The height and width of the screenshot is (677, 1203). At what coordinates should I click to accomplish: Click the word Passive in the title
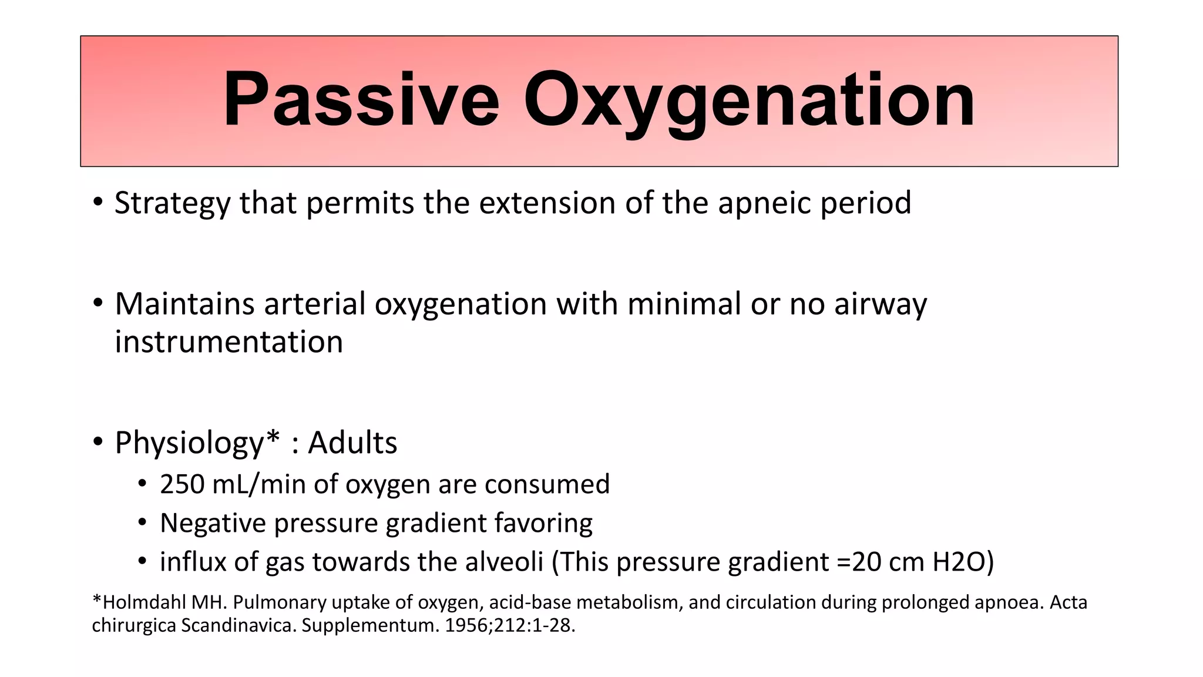(x=361, y=100)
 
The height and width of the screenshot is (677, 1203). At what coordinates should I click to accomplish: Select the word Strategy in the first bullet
(x=172, y=203)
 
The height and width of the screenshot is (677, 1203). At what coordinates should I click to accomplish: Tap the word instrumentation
(x=228, y=342)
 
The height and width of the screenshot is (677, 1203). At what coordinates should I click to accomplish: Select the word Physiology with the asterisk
(x=197, y=443)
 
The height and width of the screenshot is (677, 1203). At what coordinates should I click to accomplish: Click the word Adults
(x=352, y=443)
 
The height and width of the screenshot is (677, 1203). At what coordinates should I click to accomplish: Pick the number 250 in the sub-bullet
(x=182, y=485)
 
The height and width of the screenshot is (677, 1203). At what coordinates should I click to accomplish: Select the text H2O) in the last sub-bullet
(x=963, y=562)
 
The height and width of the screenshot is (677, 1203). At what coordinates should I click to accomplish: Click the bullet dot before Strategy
(x=98, y=203)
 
